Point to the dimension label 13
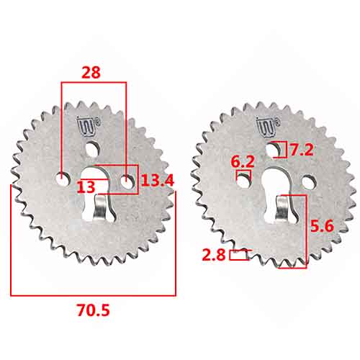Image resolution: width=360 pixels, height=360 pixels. click(x=86, y=186)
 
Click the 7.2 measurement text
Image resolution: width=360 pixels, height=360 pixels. click(x=301, y=150)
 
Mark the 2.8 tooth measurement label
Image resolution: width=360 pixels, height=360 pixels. click(x=214, y=255)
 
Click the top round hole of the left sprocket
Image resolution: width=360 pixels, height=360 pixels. click(x=93, y=149)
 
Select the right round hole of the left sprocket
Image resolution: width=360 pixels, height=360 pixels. click(x=127, y=184)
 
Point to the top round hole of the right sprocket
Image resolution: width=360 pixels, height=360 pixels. click(x=276, y=150)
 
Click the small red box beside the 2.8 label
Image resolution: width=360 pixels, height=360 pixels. click(x=238, y=254)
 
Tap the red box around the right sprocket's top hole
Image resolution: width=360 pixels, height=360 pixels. click(x=280, y=150)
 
